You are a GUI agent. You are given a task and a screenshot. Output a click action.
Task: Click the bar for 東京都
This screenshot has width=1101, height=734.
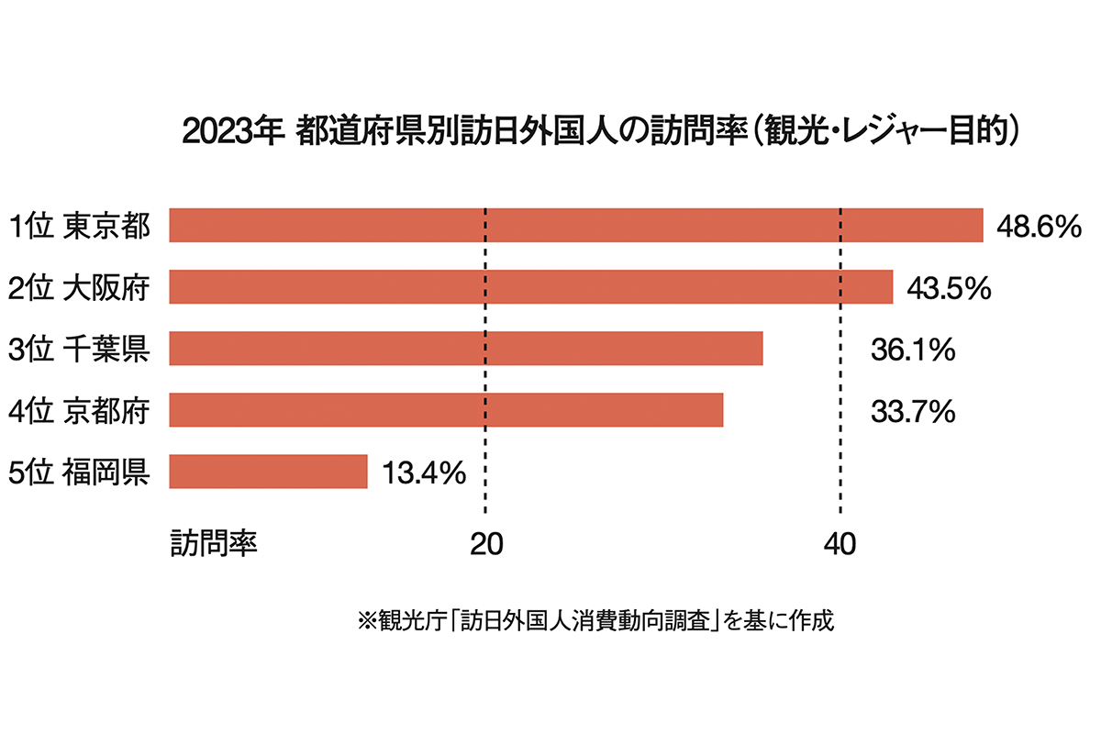576,225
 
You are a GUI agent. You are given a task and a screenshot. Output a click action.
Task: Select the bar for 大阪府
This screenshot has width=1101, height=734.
530,286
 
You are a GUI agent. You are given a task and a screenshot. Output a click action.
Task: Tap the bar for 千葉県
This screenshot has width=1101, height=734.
466,349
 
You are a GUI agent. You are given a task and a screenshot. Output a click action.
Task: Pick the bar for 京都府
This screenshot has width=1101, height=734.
446,410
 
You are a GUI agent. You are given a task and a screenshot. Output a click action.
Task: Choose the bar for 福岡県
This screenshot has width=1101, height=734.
268,472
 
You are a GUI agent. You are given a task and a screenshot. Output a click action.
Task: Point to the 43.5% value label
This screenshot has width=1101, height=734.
949,288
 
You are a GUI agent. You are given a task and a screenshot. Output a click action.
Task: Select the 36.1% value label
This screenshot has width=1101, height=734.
913,350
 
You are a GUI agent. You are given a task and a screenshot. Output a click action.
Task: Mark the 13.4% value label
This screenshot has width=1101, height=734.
423,473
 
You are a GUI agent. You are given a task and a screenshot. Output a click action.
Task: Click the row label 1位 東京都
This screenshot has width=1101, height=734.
78,227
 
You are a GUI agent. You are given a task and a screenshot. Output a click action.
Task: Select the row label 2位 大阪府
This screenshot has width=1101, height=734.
78,288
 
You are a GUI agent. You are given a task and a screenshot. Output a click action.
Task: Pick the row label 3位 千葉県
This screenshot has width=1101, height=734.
78,350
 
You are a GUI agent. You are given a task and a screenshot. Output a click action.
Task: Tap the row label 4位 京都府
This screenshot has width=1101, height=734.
78,411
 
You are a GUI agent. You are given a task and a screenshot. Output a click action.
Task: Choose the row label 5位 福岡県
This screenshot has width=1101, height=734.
78,473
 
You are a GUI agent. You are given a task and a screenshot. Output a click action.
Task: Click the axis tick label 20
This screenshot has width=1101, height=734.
484,544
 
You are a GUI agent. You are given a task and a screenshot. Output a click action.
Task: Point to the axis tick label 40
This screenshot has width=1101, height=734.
840,544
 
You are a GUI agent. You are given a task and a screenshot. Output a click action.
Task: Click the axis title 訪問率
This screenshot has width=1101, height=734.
213,543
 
